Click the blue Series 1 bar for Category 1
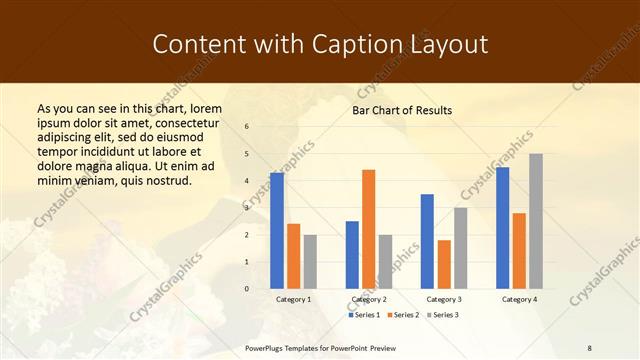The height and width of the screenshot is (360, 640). pos(277,231)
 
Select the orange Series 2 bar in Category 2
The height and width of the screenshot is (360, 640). pos(368,229)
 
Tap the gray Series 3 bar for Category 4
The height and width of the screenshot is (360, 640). pos(536,221)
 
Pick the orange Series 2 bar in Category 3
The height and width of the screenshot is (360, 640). pos(444,264)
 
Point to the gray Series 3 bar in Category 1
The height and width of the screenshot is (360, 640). pos(310,262)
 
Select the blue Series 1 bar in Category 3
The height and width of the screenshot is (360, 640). pos(427,241)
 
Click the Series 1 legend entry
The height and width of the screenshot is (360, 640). pos(364,315)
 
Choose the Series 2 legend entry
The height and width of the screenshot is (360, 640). pos(402,315)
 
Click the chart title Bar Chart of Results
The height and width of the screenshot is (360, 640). pos(402,110)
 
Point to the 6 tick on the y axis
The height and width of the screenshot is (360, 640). pos(247,127)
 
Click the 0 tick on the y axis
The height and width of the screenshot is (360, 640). pos(247,289)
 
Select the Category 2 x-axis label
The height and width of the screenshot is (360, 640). pos(369,299)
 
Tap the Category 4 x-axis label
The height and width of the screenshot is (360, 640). pos(519,299)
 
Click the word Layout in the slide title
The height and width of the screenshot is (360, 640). pos(449,44)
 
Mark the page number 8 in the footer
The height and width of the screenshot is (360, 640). pos(590,346)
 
